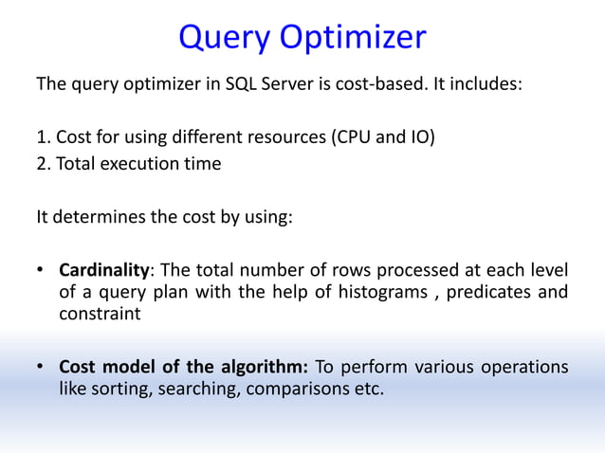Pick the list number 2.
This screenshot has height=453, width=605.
42,163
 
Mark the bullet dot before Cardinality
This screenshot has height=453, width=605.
41,268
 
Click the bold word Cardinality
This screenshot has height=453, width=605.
104,268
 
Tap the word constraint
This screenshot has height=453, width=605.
100,315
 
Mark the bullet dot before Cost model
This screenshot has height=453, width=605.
41,367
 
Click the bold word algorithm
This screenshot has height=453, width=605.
266,367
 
